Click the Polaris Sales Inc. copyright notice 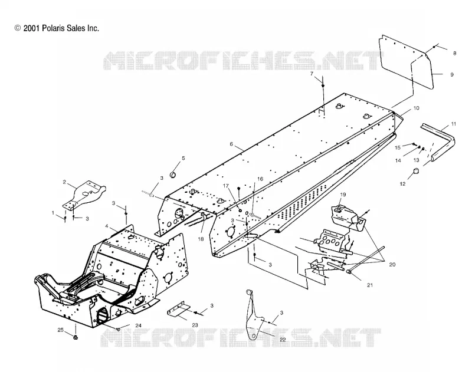point(57,28)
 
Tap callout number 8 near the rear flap point(454,53)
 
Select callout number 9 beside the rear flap point(451,74)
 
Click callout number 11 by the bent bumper point(453,124)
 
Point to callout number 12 point(403,184)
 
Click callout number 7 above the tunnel point(312,74)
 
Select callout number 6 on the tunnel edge point(231,144)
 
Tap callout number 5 point(183,158)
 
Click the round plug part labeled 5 point(173,175)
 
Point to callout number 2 point(64,182)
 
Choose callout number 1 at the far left point(53,213)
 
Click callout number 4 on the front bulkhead point(107,226)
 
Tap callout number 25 point(61,330)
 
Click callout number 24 point(138,325)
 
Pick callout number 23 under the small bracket point(195,325)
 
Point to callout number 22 point(283,340)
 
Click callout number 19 point(343,195)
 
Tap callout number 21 point(370,285)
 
